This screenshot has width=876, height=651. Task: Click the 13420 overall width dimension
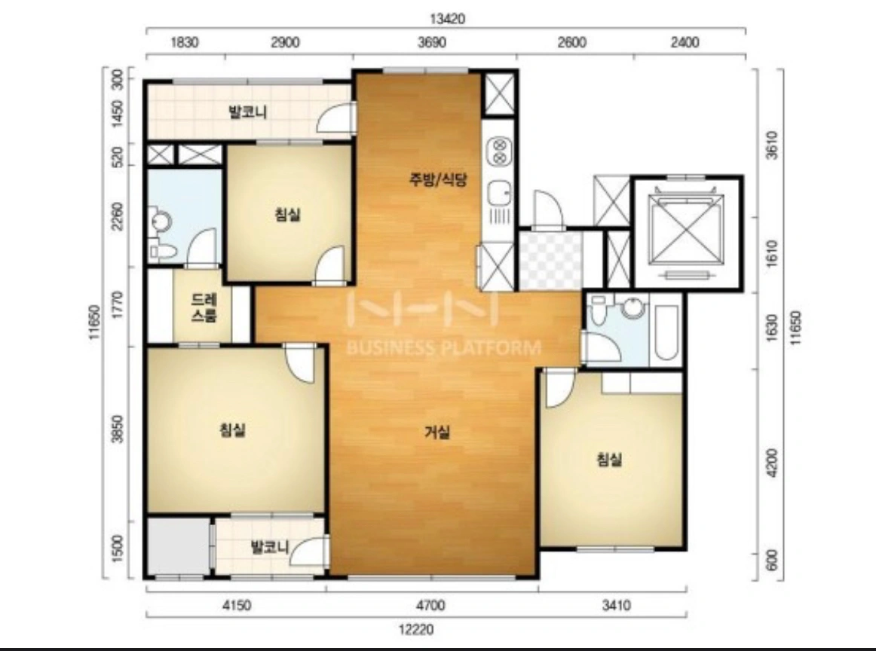click(447, 18)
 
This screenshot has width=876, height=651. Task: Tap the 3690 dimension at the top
click(432, 42)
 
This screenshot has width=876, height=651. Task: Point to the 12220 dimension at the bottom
click(416, 630)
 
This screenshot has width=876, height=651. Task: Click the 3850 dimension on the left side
click(117, 429)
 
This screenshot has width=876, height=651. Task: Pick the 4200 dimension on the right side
click(772, 463)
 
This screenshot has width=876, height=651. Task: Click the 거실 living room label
click(437, 432)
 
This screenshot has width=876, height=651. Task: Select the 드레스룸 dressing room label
click(204, 307)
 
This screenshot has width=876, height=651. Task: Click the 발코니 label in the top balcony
click(247, 112)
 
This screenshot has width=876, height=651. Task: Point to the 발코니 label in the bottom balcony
click(270, 546)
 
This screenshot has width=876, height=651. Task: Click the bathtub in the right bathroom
click(666, 333)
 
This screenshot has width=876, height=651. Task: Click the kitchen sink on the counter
click(499, 195)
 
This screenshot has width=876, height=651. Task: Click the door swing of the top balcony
click(336, 117)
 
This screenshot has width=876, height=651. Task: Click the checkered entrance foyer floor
click(551, 261)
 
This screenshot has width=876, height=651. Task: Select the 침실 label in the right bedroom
click(610, 460)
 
